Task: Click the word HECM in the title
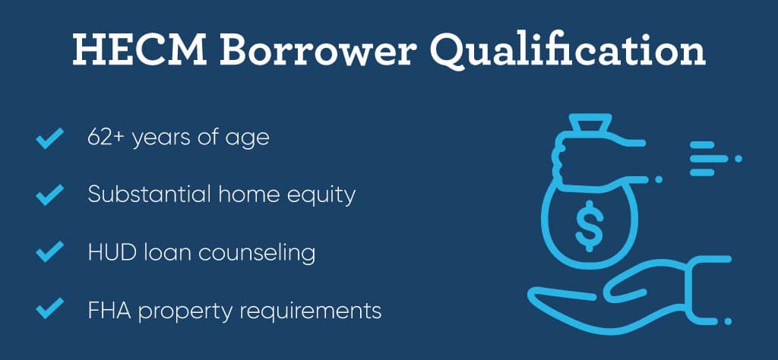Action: (140, 49)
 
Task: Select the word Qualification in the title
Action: (568, 51)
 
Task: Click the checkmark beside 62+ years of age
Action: (49, 138)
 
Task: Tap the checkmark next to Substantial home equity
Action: (49, 194)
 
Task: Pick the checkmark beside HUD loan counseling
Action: (49, 251)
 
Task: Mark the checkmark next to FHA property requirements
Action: (49, 308)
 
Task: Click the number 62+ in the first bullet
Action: (106, 137)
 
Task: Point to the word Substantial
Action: (150, 194)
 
